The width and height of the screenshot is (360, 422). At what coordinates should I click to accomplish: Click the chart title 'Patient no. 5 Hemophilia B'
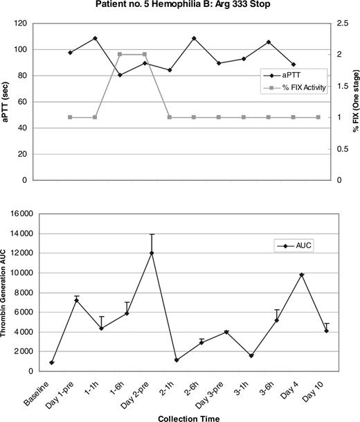(x=179, y=6)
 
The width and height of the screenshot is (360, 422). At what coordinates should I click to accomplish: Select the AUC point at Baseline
(x=52, y=362)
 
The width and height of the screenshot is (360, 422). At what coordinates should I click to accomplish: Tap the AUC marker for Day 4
(x=301, y=275)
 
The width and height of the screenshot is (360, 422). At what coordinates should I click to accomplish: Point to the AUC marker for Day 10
(x=326, y=331)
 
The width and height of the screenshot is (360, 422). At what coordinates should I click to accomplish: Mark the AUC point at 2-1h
(x=177, y=360)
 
